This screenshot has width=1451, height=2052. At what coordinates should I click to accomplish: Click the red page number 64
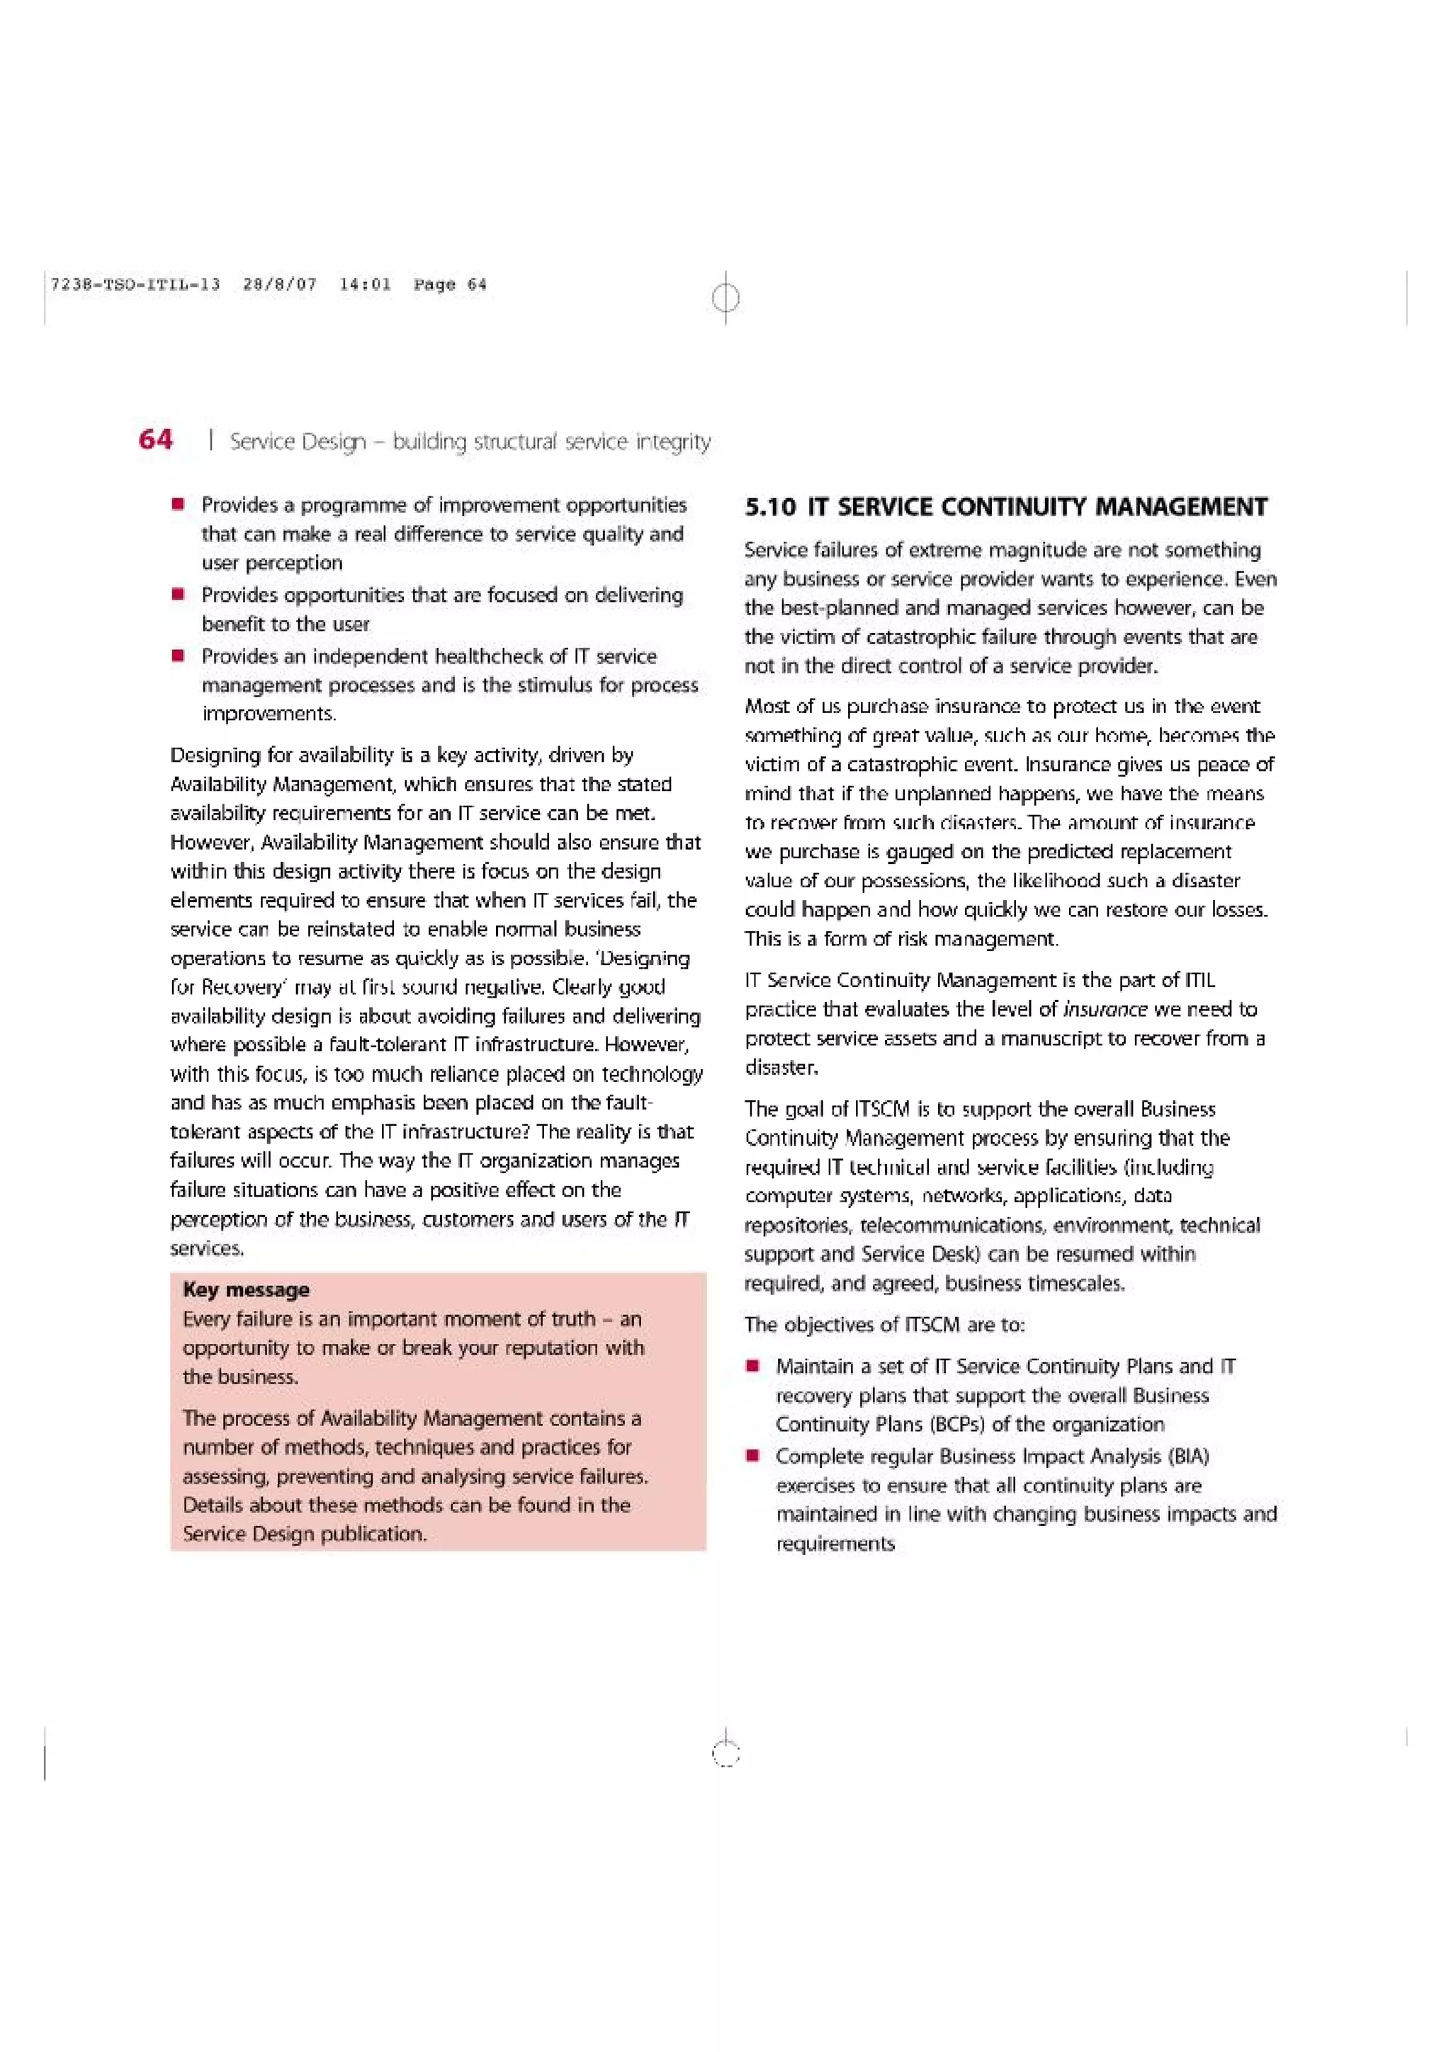pos(156,440)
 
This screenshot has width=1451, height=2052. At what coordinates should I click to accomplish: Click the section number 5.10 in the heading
pos(769,508)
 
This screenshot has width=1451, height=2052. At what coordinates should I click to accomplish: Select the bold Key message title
pos(246,1289)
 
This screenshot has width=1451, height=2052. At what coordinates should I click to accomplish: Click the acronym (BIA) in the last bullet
pos(1187,1457)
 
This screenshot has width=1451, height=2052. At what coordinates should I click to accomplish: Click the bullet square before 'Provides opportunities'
pos(179,594)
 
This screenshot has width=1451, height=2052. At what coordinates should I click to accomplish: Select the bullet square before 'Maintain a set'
pos(754,1367)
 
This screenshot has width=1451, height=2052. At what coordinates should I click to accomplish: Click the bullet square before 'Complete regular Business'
pos(754,1457)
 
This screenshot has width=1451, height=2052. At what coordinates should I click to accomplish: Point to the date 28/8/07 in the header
pos(280,285)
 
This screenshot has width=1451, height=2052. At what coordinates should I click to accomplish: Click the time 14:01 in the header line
pos(365,285)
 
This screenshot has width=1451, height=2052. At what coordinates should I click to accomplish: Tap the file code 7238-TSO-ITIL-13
pos(136,285)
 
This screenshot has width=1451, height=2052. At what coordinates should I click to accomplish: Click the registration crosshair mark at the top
pos(726,297)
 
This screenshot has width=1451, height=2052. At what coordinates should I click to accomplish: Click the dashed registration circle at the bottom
pos(726,1755)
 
